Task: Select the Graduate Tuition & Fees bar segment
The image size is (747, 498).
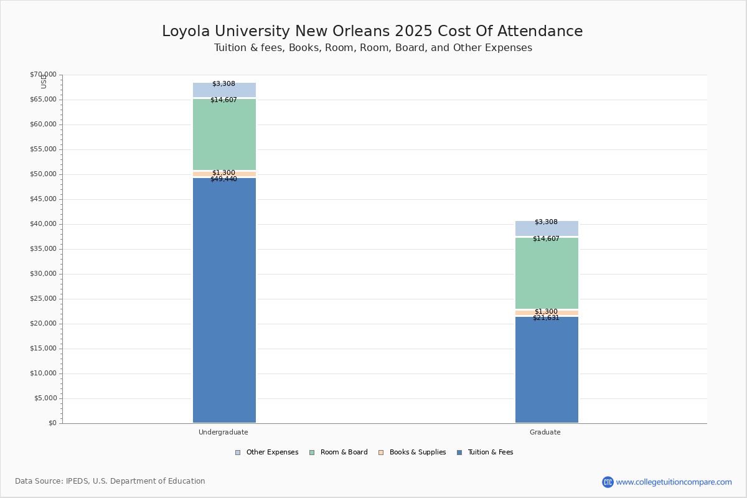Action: (547, 370)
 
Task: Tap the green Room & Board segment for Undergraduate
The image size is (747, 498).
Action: (224, 134)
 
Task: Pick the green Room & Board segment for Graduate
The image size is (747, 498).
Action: (547, 273)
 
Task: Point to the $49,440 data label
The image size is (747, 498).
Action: (223, 179)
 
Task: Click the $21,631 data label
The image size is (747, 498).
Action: (546, 318)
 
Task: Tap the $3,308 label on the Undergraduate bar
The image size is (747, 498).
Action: (223, 84)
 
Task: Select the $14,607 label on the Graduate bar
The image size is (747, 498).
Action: (546, 239)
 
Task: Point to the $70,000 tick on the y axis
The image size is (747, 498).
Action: (43, 75)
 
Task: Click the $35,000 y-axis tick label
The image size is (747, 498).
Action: (43, 249)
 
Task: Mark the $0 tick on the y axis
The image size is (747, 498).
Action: (52, 423)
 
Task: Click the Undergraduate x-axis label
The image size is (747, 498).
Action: (223, 433)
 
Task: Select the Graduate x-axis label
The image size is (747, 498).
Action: (545, 433)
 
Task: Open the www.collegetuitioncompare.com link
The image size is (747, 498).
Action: (674, 482)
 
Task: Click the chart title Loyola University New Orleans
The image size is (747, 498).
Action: (372, 32)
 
